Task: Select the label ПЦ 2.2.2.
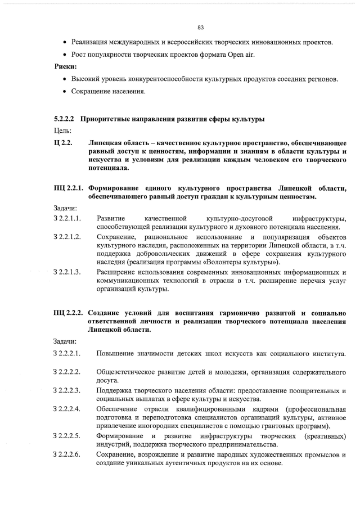68,313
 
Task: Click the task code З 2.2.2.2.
67,372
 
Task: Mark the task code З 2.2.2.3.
67,390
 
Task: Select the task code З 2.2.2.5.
67,436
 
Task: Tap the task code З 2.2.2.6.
67,454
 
